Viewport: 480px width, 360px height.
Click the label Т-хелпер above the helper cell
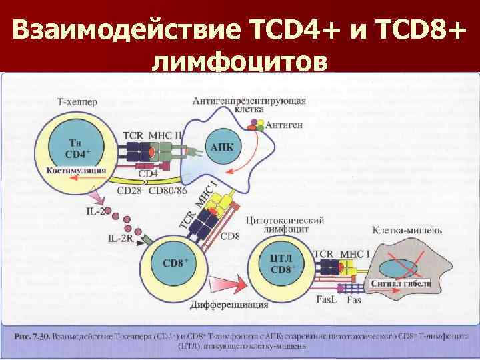pos(77,102)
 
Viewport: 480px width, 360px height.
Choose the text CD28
pos(129,192)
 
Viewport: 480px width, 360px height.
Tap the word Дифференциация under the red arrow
pos(229,305)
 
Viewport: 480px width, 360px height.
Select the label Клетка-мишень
pos(407,231)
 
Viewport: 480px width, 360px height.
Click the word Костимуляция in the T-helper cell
pos(77,170)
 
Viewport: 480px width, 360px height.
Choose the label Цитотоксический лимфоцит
pos(285,224)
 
